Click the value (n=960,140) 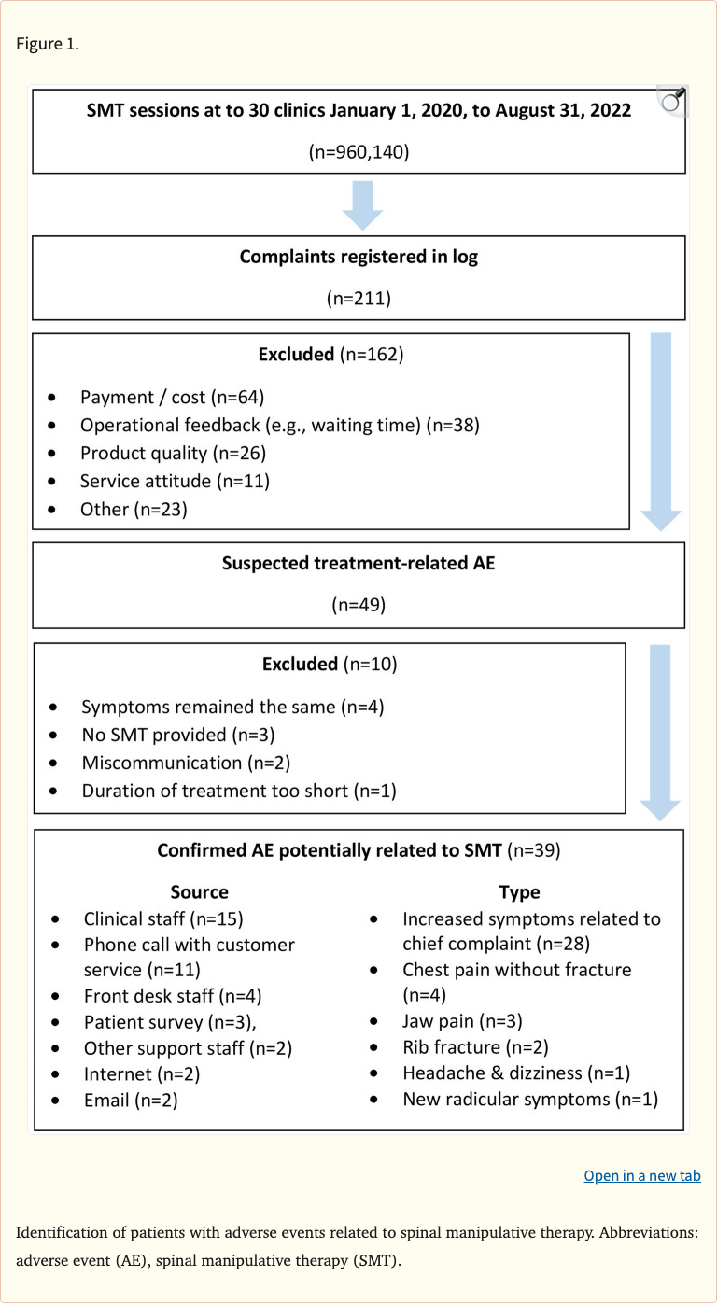pos(358,151)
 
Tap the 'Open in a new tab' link pos(641,1175)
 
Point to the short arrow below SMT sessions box pos(362,204)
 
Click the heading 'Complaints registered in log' pos(358,257)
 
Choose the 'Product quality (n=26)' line pos(173,453)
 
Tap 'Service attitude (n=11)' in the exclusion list pos(175,481)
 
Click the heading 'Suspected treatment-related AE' pos(358,564)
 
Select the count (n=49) pos(358,605)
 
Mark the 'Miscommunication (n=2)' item pos(186,763)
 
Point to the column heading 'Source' pos(199,891)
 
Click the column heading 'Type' pos(519,891)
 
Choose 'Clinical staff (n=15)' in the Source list pos(163,918)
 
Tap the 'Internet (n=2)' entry pos(141,1073)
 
